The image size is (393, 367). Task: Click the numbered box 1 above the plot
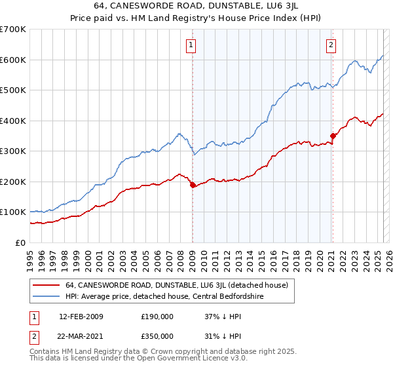pos(191,45)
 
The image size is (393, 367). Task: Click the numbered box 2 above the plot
pos(331,45)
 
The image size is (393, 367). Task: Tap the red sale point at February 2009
pos(193,185)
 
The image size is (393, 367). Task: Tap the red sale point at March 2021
pos(333,136)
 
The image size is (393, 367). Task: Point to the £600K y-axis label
pos(13,60)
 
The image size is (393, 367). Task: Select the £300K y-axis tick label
pos(13,151)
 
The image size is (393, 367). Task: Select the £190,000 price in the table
pos(157,317)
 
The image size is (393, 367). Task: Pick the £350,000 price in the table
pos(157,336)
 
